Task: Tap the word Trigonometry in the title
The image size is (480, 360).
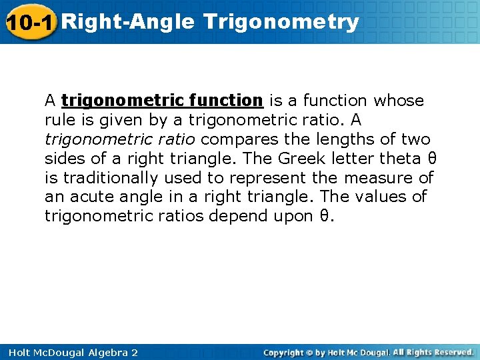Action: click(x=281, y=22)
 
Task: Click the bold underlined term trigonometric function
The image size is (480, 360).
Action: click(x=162, y=101)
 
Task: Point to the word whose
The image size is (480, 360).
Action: click(x=399, y=101)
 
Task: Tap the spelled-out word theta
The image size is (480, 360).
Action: click(x=400, y=159)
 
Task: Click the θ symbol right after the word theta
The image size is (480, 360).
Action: click(x=431, y=159)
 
